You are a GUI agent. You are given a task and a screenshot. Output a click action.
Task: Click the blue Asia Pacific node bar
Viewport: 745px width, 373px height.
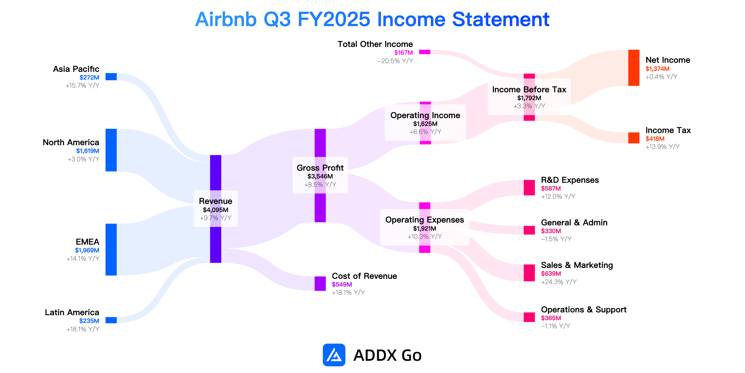111,77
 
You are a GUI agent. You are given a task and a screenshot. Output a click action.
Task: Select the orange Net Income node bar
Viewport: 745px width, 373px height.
634,68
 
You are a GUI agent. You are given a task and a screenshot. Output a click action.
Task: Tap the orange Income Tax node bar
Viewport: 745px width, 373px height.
634,138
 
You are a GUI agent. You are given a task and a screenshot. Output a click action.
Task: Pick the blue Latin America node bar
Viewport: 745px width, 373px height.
111,320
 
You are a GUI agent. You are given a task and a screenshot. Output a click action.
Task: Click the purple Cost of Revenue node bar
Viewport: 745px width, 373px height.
320,283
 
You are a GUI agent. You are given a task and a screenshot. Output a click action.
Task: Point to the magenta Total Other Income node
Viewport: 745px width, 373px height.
425,52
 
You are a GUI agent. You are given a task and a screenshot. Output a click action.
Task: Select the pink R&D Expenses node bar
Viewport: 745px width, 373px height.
529,188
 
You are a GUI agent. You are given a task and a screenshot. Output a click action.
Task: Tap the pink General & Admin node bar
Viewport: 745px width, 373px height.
529,230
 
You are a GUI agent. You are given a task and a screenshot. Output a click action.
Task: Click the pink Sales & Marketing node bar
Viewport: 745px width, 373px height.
529,273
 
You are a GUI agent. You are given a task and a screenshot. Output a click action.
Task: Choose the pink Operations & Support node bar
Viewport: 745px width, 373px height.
529,317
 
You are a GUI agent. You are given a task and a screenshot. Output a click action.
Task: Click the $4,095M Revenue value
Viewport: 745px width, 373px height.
216,210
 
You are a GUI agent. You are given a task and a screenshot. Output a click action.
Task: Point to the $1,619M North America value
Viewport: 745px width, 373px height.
88,151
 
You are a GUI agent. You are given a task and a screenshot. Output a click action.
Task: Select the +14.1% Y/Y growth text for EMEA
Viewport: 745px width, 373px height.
83,259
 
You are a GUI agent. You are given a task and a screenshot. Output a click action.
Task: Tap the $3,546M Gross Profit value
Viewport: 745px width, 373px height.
320,176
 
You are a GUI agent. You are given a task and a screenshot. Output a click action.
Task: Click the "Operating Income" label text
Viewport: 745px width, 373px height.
425,115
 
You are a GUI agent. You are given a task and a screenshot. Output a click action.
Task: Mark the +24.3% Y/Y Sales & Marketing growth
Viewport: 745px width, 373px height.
559,282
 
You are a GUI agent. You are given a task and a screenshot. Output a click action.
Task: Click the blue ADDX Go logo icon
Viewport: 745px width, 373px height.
334,355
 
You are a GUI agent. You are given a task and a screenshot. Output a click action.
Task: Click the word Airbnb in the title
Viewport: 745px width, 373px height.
226,19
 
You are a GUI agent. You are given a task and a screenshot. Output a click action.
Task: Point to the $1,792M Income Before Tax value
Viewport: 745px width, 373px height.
529,98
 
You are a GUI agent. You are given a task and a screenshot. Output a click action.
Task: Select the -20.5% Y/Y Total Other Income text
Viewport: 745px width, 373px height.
395,61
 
